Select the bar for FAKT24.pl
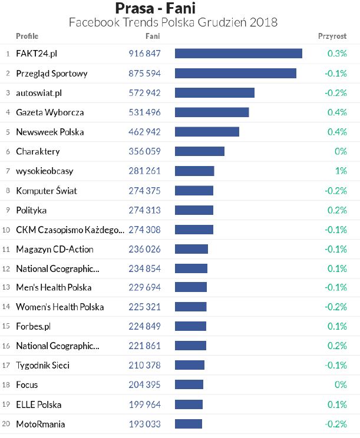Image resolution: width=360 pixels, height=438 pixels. (x=238, y=54)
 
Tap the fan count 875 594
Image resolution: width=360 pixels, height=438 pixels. (x=144, y=74)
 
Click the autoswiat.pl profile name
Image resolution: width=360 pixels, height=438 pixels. (x=39, y=93)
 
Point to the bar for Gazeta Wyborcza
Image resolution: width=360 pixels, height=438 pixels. (x=212, y=112)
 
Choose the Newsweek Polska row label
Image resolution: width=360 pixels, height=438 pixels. (x=50, y=132)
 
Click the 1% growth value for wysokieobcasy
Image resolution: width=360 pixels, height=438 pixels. (x=341, y=171)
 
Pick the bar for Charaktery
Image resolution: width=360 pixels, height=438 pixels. (x=199, y=151)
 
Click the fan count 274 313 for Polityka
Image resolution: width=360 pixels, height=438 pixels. (x=144, y=210)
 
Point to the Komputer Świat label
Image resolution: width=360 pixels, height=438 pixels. (x=47, y=191)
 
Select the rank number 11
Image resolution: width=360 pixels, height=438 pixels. (x=6, y=249)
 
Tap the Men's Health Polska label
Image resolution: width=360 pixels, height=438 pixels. (x=54, y=288)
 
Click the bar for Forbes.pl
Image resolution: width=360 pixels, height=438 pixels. (x=190, y=326)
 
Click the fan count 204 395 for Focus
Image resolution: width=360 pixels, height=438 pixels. (x=144, y=385)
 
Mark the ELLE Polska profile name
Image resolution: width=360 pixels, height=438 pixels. (x=39, y=404)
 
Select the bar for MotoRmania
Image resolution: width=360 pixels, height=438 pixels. (x=188, y=424)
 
